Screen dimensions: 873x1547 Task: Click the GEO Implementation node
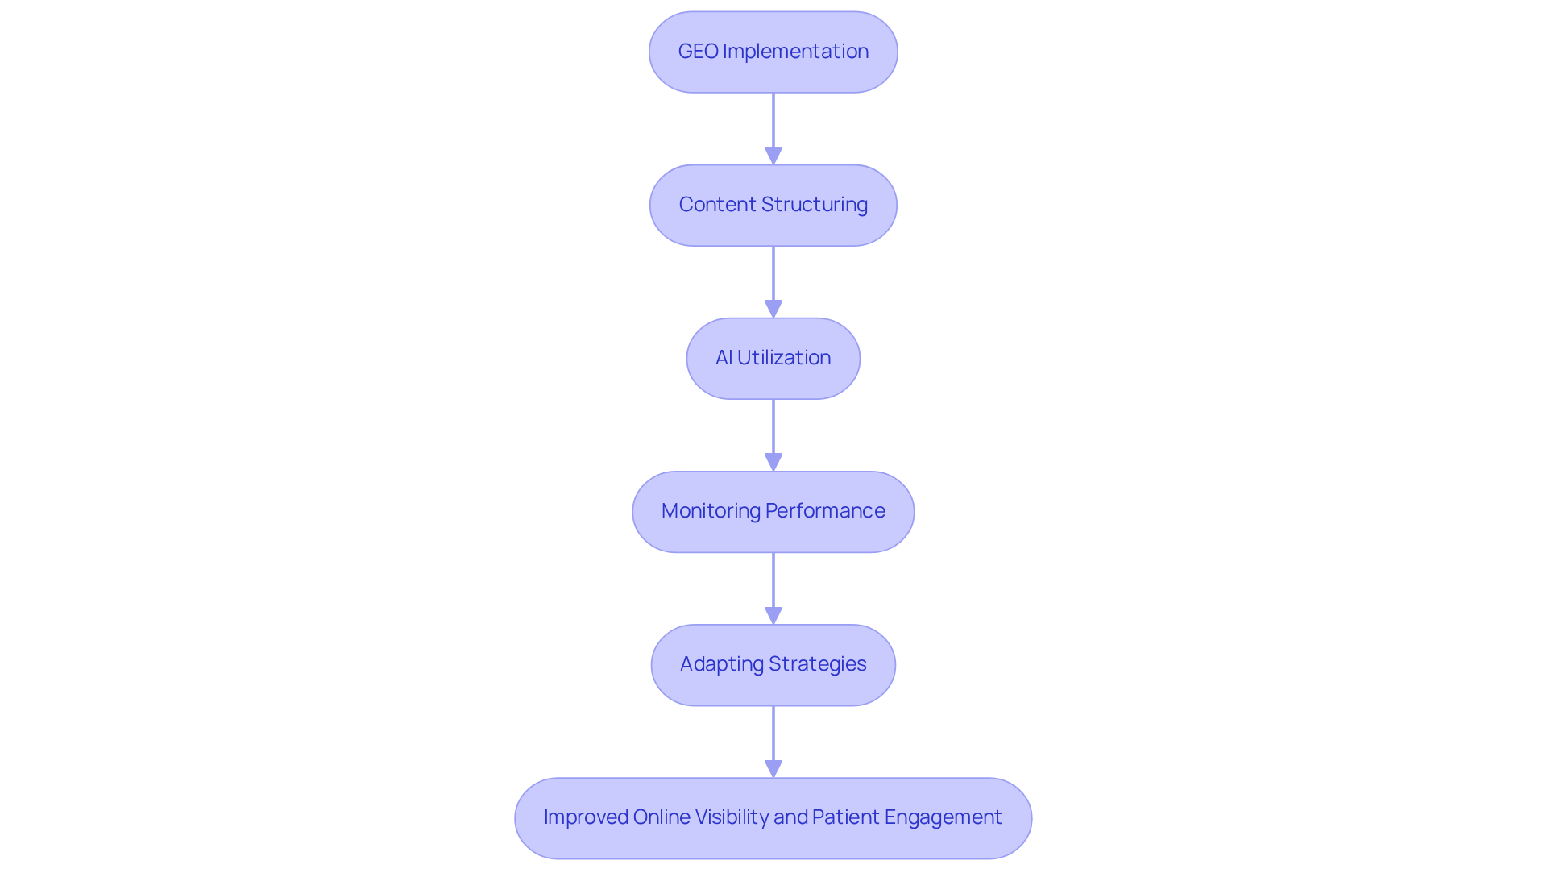773,52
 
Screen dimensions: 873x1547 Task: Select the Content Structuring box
773,205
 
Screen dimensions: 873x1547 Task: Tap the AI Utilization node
773,358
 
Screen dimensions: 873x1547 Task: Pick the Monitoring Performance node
773,511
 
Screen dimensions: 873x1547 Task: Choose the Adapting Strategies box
773,664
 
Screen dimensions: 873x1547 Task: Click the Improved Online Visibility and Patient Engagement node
773,817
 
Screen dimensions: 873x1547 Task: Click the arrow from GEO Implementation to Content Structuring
773,125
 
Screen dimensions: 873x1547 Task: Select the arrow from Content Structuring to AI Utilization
773,278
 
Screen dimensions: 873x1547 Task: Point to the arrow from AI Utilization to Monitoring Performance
773,431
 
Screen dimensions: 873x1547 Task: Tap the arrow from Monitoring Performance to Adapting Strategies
773,584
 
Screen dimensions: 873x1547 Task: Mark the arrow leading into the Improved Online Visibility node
773,738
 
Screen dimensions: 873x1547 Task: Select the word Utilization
783,358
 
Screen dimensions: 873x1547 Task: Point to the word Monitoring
711,511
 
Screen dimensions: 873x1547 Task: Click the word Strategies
817,664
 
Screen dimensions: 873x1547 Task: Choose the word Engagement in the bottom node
943,817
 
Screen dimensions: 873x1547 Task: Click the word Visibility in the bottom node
732,817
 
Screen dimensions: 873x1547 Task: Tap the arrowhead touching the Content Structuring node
773,156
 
